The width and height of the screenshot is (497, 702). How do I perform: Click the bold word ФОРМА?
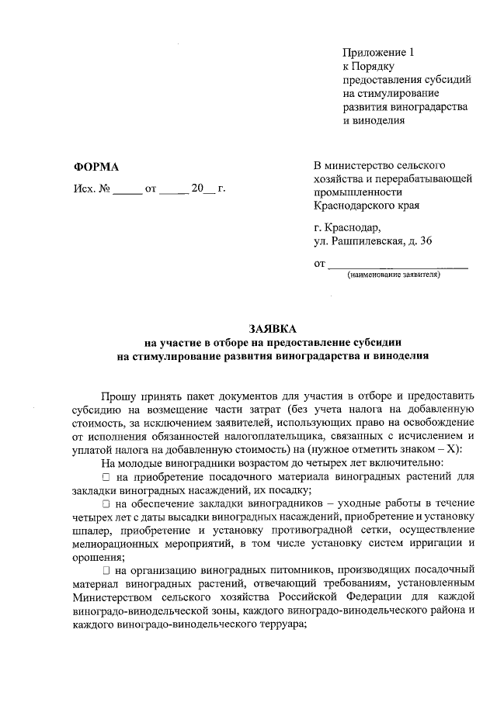pos(96,168)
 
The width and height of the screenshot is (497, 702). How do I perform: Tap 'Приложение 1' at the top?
pos(380,52)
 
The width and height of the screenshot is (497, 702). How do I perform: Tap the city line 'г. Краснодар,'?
pos(347,227)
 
